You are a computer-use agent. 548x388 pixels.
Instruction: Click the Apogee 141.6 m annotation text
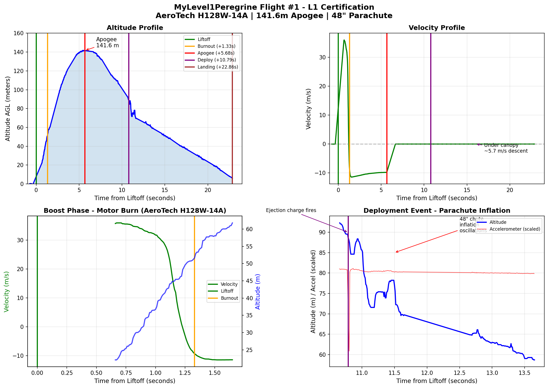tap(107, 42)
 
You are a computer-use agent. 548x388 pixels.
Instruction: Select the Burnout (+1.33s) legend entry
tap(216, 46)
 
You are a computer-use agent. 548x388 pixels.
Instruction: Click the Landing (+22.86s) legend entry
tap(218, 67)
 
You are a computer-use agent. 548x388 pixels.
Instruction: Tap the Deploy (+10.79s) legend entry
tap(217, 60)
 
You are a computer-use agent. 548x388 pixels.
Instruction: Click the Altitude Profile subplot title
tap(135, 28)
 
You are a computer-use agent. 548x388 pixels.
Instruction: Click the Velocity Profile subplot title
tap(437, 28)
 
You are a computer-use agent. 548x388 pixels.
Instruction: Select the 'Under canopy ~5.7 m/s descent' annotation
tap(505, 148)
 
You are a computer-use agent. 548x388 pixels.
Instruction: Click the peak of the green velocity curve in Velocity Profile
tap(344, 40)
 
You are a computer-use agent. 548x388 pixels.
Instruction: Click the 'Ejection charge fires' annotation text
tap(291, 210)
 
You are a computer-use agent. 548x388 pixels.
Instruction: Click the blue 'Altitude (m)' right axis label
tap(258, 292)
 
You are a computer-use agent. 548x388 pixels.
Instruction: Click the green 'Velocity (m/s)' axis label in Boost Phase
tap(7, 292)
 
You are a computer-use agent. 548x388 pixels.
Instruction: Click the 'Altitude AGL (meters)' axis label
tap(8, 108)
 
